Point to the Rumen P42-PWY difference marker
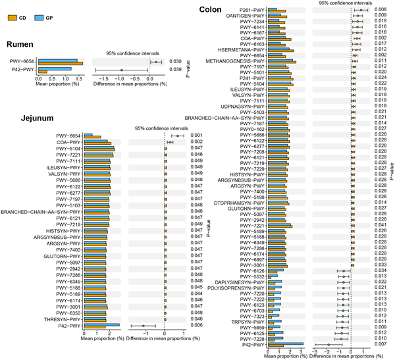coord(122,69)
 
